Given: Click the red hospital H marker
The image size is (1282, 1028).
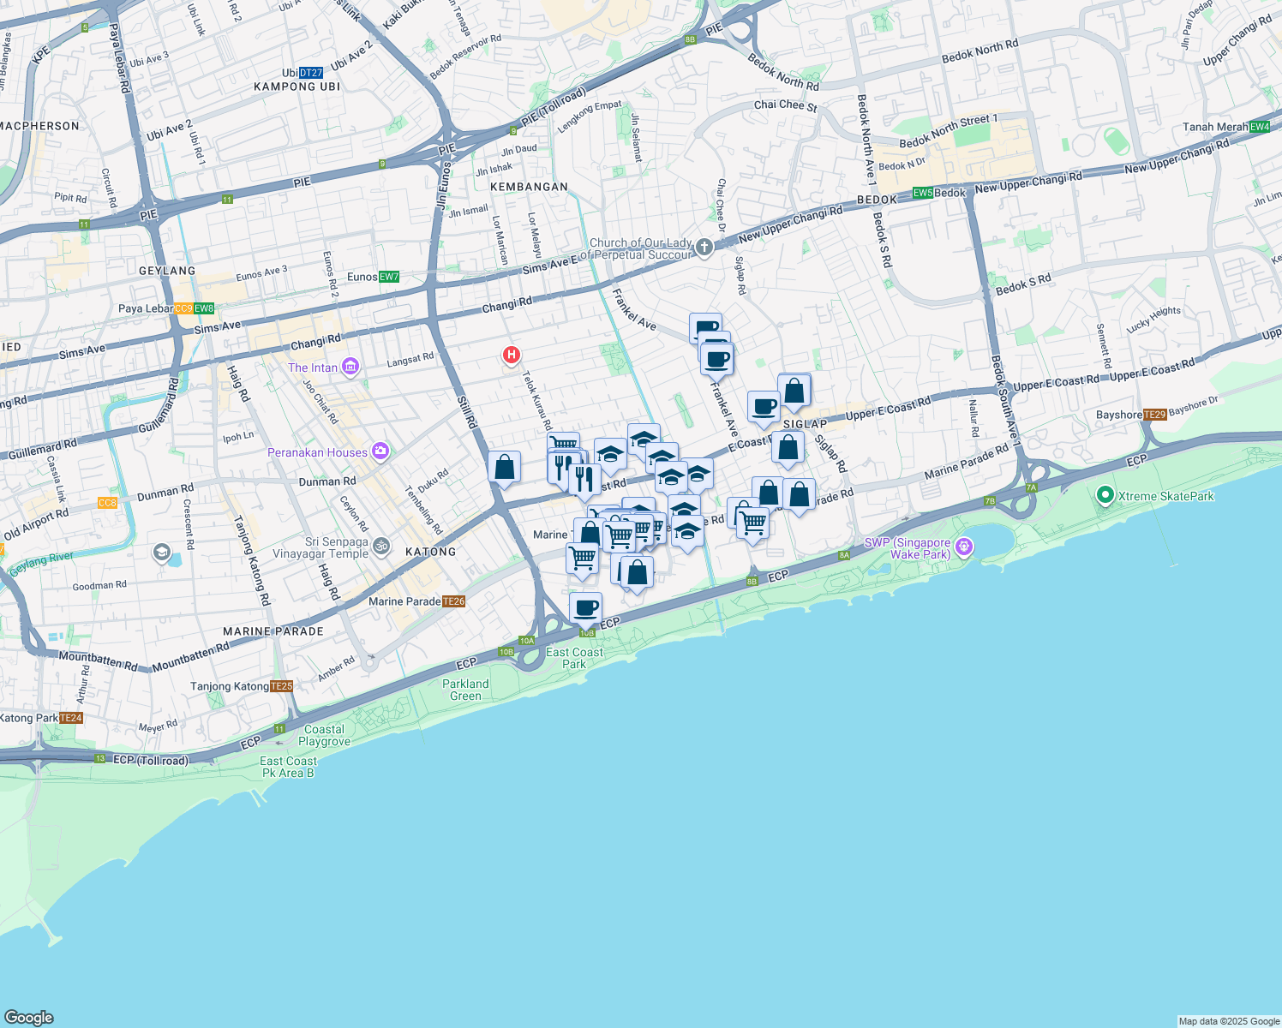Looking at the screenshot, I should tap(512, 354).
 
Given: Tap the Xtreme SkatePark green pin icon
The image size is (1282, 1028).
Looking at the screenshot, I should tap(1105, 495).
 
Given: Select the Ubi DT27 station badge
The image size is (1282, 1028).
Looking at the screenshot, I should tap(311, 73).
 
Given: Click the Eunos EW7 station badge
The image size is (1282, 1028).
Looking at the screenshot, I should tap(389, 277).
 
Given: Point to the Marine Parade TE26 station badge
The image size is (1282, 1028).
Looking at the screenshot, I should tap(454, 601).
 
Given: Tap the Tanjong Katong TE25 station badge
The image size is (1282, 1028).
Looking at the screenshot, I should tap(282, 686).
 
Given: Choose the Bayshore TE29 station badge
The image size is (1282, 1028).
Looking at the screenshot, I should tap(1155, 415).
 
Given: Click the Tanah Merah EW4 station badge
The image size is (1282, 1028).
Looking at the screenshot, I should tap(1260, 127).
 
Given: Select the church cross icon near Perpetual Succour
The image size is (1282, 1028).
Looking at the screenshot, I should tap(704, 248).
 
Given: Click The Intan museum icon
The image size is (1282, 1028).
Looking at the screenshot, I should tap(350, 368).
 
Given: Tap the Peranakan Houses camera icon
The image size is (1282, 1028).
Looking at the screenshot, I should tap(380, 451).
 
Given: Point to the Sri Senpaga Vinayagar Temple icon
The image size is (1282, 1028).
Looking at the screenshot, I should tap(381, 546).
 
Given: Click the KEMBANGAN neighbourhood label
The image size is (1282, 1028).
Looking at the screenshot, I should tap(529, 187).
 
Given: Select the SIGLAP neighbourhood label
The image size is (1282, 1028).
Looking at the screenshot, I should tap(806, 424).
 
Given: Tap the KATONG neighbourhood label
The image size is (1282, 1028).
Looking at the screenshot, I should tap(431, 552).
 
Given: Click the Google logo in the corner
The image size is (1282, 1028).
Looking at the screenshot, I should tap(28, 1018).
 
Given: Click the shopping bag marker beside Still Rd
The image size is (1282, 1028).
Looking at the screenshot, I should tap(505, 468).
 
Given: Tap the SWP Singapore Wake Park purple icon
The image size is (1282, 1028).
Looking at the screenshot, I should tap(964, 547).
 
